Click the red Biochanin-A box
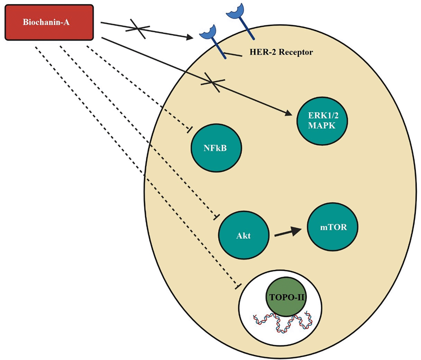click(x=49, y=22)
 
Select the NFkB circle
click(x=216, y=148)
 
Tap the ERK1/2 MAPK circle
click(x=322, y=121)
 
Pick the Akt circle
click(x=244, y=235)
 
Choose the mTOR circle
click(x=332, y=227)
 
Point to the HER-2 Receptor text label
click(x=281, y=52)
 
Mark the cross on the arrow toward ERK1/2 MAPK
click(x=213, y=82)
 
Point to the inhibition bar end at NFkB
click(x=190, y=129)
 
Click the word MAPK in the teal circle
click(x=322, y=126)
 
